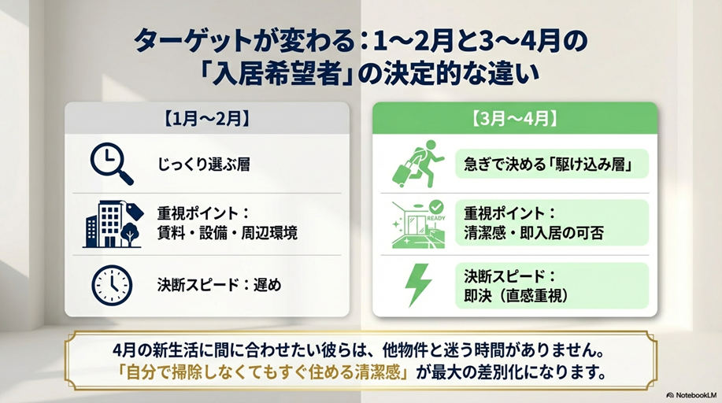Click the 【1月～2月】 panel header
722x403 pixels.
(x=207, y=118)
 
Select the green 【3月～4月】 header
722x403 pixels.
(x=514, y=118)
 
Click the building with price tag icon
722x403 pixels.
(x=113, y=224)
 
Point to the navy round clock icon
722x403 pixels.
(x=112, y=285)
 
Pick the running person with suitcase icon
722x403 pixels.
(x=418, y=164)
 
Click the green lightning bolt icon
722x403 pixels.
(x=418, y=285)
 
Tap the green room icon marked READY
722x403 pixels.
(x=419, y=224)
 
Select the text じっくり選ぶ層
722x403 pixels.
(x=203, y=165)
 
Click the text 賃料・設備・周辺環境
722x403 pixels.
(x=227, y=233)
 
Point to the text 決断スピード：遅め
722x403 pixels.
(x=219, y=285)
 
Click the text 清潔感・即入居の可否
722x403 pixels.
(x=534, y=233)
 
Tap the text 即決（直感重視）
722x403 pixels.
(x=517, y=296)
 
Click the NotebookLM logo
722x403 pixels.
(x=691, y=395)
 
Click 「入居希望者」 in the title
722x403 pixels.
(x=278, y=75)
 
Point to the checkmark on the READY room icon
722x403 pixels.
(x=436, y=207)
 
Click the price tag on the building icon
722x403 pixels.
(x=135, y=212)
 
